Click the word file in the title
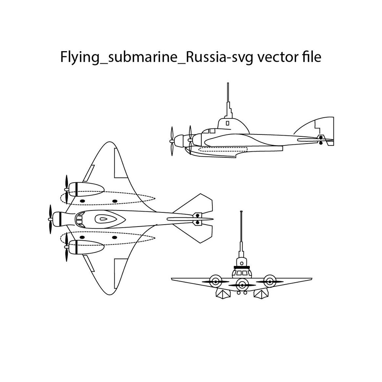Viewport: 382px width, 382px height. [311, 57]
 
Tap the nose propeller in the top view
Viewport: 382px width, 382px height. [50, 219]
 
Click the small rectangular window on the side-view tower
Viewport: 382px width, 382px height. [228, 123]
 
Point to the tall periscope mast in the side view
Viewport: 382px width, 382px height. [228, 95]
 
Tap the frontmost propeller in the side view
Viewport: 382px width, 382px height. [172, 141]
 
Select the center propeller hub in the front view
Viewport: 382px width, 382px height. [241, 283]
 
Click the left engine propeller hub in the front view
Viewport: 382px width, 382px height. [215, 282]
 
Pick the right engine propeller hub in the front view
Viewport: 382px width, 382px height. [270, 282]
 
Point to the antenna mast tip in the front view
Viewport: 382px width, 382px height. [241, 212]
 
